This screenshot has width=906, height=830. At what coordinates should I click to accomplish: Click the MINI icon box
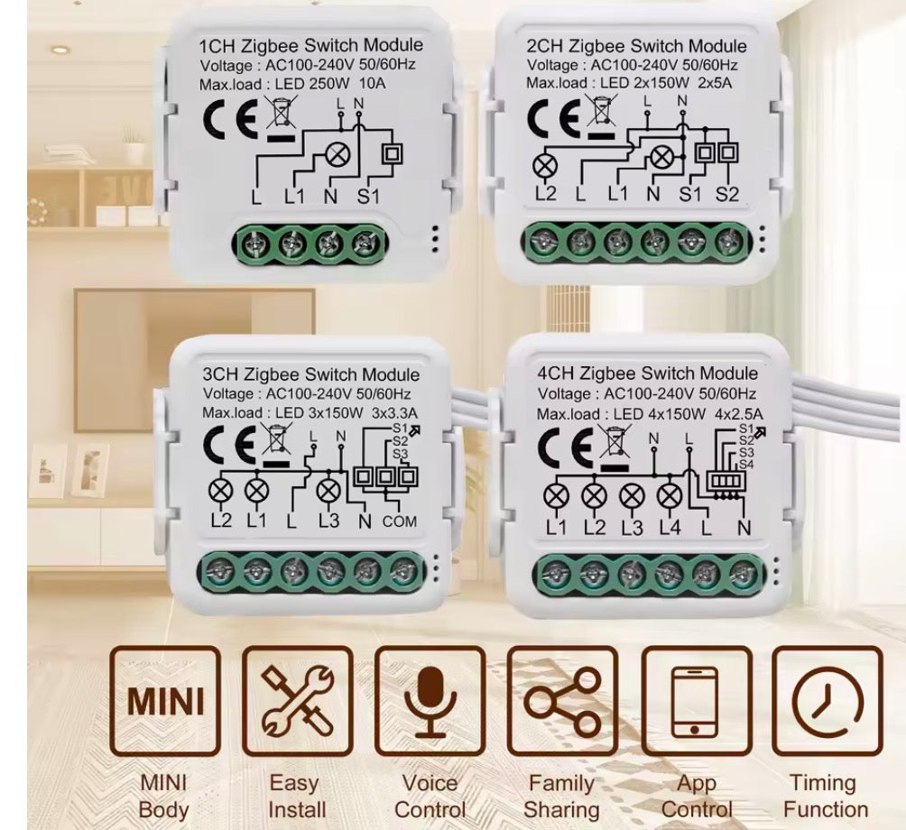pyautogui.click(x=165, y=701)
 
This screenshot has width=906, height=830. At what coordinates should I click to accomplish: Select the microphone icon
pyautogui.click(x=430, y=701)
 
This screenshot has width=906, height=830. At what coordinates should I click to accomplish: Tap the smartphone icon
pyautogui.click(x=697, y=701)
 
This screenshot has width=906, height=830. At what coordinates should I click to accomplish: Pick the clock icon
pyautogui.click(x=828, y=701)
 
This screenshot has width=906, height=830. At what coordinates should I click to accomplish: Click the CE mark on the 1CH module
pyautogui.click(x=230, y=118)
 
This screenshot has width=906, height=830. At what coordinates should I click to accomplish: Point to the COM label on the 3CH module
pyautogui.click(x=399, y=521)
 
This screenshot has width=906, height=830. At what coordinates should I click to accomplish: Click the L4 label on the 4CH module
pyautogui.click(x=670, y=528)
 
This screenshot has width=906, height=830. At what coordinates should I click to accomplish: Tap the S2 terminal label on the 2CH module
pyautogui.click(x=727, y=193)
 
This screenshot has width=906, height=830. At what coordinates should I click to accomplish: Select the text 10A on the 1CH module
pyautogui.click(x=372, y=83)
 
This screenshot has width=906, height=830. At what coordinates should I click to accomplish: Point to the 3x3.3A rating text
pyautogui.click(x=394, y=413)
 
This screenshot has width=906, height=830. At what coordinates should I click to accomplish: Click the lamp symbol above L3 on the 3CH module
pyautogui.click(x=328, y=492)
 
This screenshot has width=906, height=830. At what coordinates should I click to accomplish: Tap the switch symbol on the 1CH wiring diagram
pyautogui.click(x=393, y=154)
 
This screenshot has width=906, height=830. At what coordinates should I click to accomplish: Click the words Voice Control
pyautogui.click(x=430, y=797)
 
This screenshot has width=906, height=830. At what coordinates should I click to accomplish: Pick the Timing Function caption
pyautogui.click(x=825, y=797)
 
